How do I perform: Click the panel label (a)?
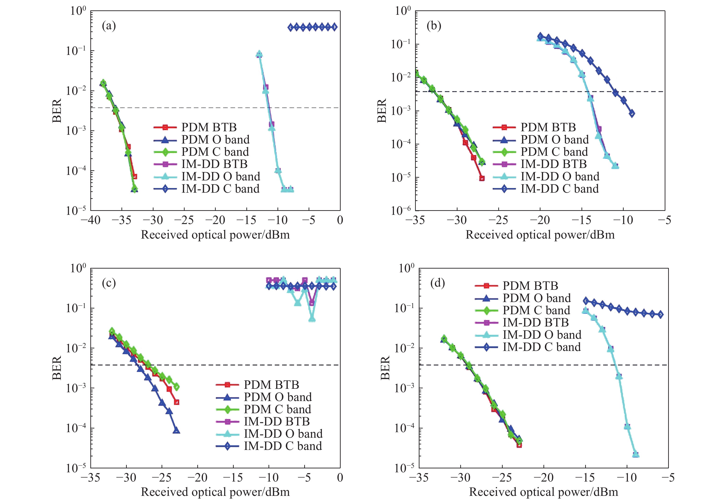click(109, 26)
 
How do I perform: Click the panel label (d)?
click(437, 283)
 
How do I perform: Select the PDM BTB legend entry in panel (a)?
click(209, 127)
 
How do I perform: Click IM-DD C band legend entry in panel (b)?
click(559, 189)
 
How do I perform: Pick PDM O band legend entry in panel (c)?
click(277, 397)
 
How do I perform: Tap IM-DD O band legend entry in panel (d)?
click(542, 335)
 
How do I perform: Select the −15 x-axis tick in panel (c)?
click(233, 477)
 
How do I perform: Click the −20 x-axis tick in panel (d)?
click(543, 477)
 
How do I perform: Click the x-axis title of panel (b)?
click(540, 235)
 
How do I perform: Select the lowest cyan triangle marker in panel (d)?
click(636, 455)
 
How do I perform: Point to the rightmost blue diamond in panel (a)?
click(334, 27)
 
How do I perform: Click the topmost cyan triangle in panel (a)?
click(259, 54)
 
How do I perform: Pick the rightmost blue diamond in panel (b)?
click(632, 114)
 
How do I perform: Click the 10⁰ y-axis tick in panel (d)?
click(406, 268)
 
